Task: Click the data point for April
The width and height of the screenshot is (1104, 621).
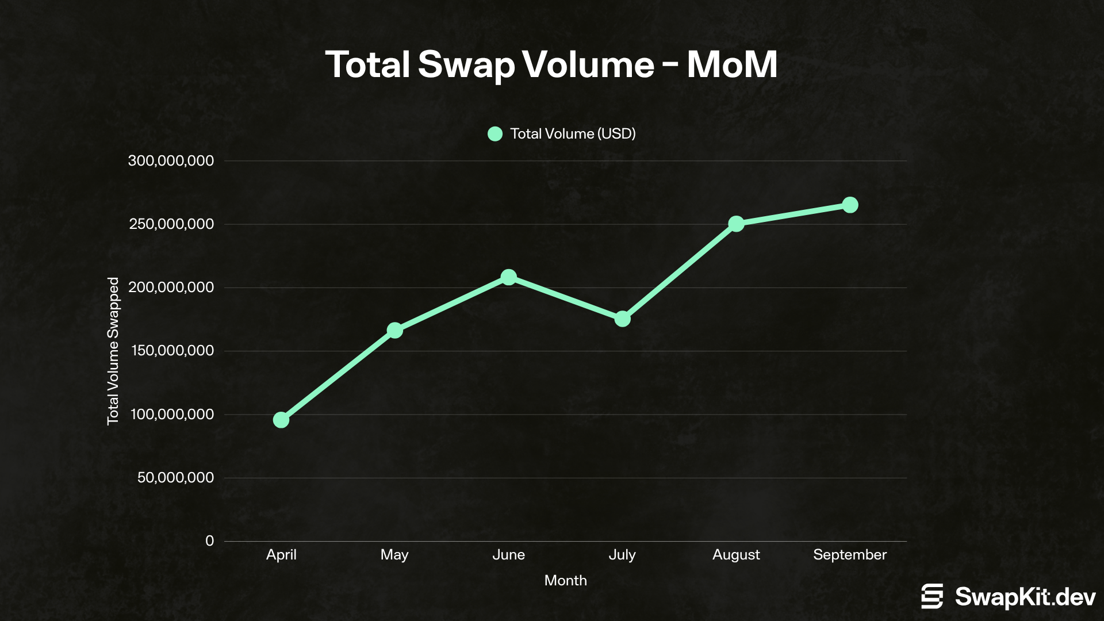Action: [x=281, y=420]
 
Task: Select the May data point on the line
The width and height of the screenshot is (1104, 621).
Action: [x=394, y=331]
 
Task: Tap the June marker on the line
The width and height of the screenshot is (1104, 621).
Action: [x=508, y=277]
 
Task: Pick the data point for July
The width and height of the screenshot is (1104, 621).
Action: [x=622, y=319]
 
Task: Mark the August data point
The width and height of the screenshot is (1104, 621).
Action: [x=736, y=224]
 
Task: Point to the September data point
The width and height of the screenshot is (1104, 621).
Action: [x=850, y=205]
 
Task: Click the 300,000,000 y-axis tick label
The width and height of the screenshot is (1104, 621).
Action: [x=171, y=161]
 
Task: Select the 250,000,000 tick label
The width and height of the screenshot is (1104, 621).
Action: [x=171, y=224]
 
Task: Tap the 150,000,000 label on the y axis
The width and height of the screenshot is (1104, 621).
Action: [x=172, y=351]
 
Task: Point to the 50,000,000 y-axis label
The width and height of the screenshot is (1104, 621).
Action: [x=175, y=478]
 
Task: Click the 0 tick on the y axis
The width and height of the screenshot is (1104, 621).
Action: [x=209, y=541]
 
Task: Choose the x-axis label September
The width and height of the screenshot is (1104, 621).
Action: [x=850, y=555]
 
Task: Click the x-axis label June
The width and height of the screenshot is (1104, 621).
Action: [x=508, y=555]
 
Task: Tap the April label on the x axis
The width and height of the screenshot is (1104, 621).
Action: [x=281, y=555]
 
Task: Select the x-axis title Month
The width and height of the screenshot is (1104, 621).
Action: [x=565, y=581]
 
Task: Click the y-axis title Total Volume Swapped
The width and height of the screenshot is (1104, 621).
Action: [x=113, y=351]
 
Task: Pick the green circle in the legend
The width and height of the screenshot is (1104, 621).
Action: [x=495, y=134]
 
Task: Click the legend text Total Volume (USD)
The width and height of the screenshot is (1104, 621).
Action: [x=573, y=134]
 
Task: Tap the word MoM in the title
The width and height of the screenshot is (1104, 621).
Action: [x=731, y=64]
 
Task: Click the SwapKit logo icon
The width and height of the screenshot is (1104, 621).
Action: [x=932, y=596]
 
